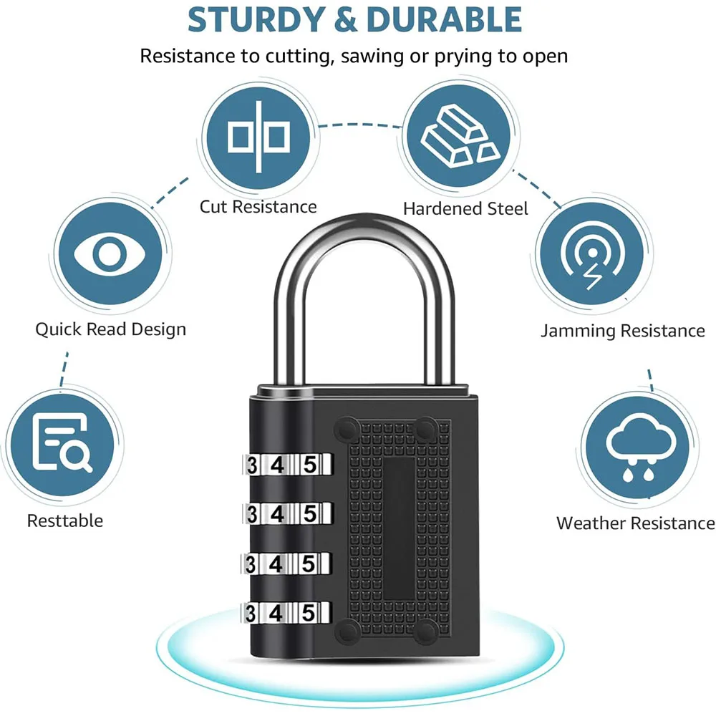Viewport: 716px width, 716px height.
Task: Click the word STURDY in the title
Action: (254, 20)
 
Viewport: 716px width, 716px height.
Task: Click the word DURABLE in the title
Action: (446, 20)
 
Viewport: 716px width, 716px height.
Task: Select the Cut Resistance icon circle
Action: (258, 137)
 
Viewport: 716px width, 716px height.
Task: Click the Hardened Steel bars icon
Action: (459, 137)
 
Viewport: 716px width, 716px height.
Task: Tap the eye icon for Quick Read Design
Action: (110, 253)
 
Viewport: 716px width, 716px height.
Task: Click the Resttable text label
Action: (65, 521)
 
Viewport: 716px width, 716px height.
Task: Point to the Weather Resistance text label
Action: (635, 523)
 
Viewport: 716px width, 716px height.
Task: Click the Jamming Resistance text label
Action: (622, 331)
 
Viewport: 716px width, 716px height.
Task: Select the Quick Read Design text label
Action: (110, 329)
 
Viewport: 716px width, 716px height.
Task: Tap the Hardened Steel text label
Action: (465, 208)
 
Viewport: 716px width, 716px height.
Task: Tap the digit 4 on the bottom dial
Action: (276, 613)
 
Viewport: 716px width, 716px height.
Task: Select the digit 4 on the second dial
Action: (276, 513)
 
